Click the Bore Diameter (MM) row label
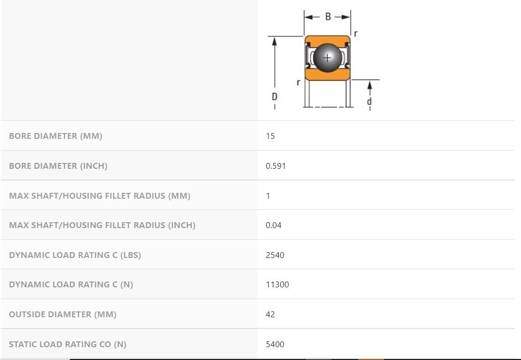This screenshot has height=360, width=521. (x=56, y=136)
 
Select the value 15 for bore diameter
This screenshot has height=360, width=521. (x=270, y=136)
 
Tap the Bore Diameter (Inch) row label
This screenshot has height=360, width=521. (x=58, y=166)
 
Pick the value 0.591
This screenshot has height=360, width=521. (x=276, y=166)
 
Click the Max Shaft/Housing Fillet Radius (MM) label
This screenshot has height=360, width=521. (x=100, y=196)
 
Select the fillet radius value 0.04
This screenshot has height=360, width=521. (x=273, y=225)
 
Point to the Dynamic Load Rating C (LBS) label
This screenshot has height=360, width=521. (x=75, y=255)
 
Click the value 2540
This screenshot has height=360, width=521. (x=275, y=255)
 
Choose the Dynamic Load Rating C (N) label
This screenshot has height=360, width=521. (x=71, y=285)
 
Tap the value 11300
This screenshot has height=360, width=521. (x=278, y=285)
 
